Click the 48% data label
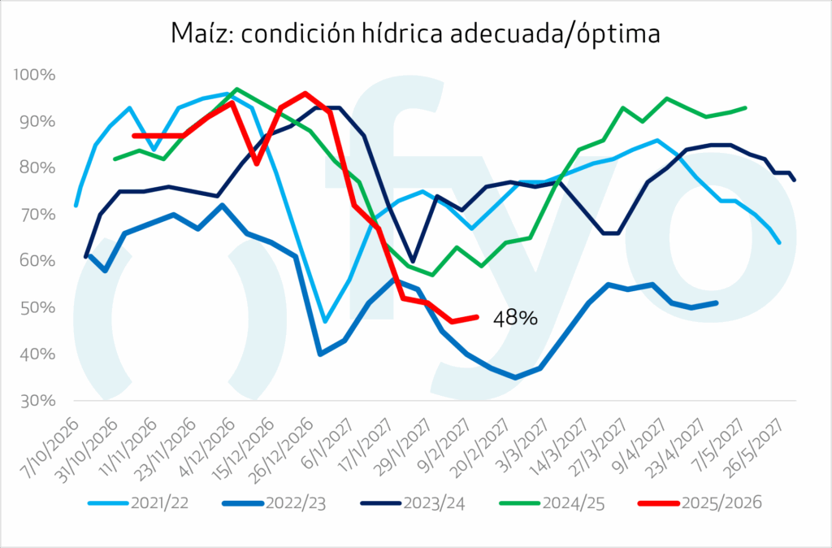(515, 320)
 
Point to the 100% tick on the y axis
(34, 75)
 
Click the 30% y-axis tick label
(37, 401)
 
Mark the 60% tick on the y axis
(37, 261)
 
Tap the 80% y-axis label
(37, 168)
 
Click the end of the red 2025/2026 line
(477, 317)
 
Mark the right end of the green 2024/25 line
(745, 107)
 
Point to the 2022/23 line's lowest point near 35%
(515, 377)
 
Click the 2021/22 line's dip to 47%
(325, 321)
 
